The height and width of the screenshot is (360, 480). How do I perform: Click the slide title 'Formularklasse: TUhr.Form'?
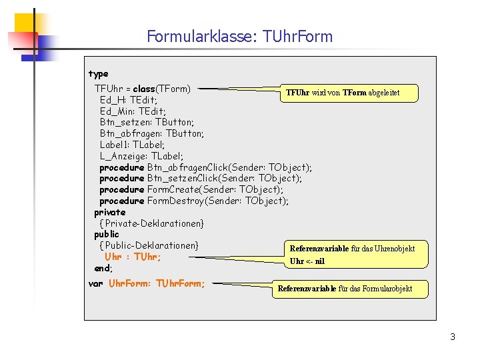[x=239, y=36]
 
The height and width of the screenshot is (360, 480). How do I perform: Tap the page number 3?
[x=453, y=337]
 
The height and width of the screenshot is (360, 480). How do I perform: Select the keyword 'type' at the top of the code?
[x=98, y=73]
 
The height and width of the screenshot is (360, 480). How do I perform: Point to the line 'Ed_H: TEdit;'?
[x=129, y=100]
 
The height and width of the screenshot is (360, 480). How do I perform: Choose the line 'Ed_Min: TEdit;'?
[x=133, y=111]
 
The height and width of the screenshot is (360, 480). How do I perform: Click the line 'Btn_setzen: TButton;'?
[x=147, y=122]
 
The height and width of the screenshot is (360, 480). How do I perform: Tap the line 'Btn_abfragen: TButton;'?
[x=151, y=133]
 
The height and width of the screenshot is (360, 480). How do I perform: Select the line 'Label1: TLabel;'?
[x=132, y=145]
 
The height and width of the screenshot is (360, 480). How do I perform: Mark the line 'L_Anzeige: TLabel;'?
[x=141, y=156]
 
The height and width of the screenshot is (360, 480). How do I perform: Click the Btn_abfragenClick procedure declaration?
[x=205, y=167]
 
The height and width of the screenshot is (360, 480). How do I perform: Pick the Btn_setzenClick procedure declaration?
[x=201, y=178]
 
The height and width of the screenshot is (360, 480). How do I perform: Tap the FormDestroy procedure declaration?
[x=194, y=201]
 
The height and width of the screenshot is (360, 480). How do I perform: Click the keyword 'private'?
[x=109, y=212]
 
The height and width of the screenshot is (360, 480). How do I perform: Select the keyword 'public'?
[x=107, y=234]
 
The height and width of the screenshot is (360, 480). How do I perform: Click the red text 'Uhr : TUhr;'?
[x=133, y=257]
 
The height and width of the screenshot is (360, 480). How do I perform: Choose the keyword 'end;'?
[x=103, y=268]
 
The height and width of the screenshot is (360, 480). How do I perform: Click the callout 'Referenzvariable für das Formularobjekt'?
[x=345, y=289]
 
